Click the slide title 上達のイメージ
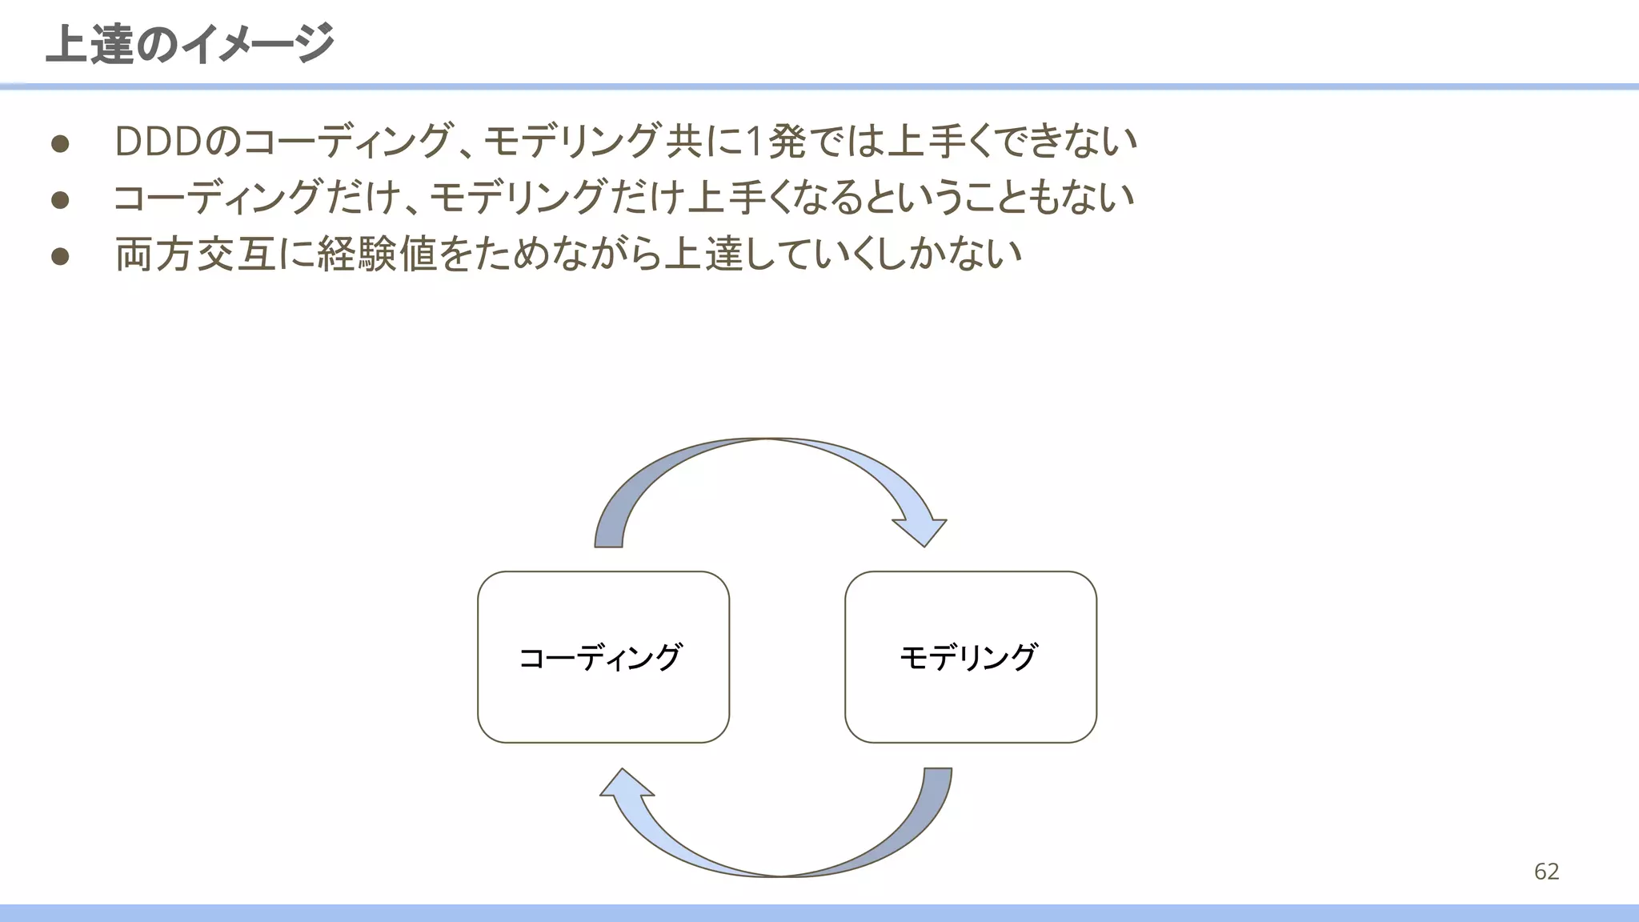tap(190, 43)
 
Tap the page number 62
tap(1546, 871)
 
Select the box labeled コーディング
tap(603, 657)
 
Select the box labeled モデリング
tap(970, 657)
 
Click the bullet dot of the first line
tap(60, 143)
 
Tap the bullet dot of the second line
tap(60, 198)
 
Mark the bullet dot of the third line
tap(60, 255)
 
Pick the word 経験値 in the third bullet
tap(377, 255)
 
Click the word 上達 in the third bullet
tap(704, 255)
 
